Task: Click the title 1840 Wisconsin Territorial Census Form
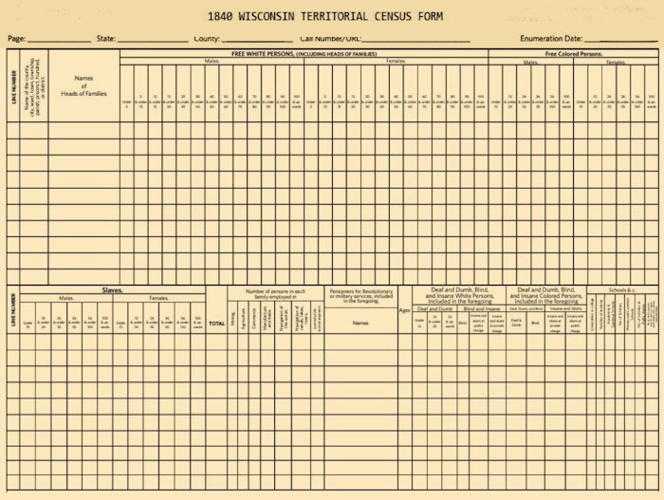332,16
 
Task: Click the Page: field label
16,39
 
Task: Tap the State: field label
105,39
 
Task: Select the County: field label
207,39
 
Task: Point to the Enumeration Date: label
550,39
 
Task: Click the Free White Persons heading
304,54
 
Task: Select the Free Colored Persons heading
574,54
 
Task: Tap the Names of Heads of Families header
83,88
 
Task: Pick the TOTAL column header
217,324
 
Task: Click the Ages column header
404,310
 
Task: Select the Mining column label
233,321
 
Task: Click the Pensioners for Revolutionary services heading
360,296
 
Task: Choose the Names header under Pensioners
360,323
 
